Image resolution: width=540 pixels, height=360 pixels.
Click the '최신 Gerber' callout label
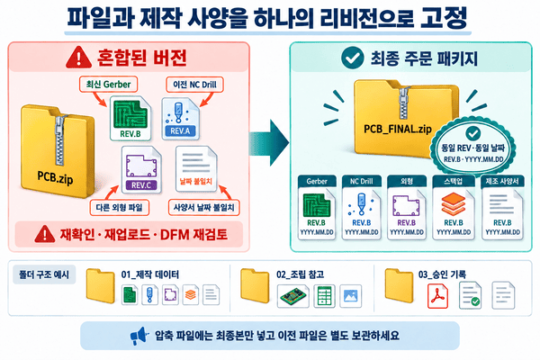click(109, 85)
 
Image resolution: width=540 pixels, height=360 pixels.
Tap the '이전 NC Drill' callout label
click(195, 85)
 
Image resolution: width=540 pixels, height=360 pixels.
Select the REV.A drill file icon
click(181, 119)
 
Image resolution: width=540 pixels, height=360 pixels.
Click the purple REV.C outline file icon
click(141, 169)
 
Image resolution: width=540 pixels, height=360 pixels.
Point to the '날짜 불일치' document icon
click(196, 169)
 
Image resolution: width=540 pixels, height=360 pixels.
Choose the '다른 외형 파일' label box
click(119, 207)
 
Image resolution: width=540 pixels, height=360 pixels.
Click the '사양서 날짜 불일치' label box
click(204, 207)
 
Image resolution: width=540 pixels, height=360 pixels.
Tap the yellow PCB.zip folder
click(58, 151)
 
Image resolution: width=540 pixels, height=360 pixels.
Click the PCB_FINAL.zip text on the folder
click(398, 130)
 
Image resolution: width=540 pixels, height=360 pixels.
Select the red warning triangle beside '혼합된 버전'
click(79, 58)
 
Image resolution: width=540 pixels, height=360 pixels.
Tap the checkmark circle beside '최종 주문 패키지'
click(352, 58)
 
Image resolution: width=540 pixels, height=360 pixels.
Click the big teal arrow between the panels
click(269, 142)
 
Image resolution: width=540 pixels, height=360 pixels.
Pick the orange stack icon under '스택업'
click(454, 204)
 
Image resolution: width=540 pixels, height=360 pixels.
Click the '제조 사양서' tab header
click(502, 181)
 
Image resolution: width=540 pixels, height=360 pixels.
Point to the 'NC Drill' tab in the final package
click(361, 181)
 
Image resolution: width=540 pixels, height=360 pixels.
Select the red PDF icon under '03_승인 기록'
click(437, 295)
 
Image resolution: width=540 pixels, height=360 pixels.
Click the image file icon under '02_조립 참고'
click(351, 295)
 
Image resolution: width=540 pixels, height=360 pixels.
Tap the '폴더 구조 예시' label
click(44, 274)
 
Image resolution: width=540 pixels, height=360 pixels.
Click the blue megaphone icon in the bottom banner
click(139, 336)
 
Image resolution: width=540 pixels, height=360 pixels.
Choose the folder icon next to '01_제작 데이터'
click(100, 286)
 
